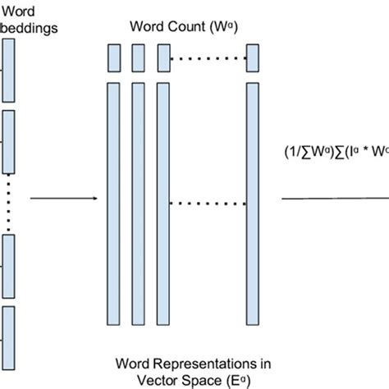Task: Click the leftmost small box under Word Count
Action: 113,58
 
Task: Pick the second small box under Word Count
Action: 138,58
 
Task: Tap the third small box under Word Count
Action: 162,58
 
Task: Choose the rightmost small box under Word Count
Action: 253,58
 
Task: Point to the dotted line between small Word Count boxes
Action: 208,58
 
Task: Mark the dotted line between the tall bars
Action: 208,203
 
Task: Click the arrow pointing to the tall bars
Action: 64,198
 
